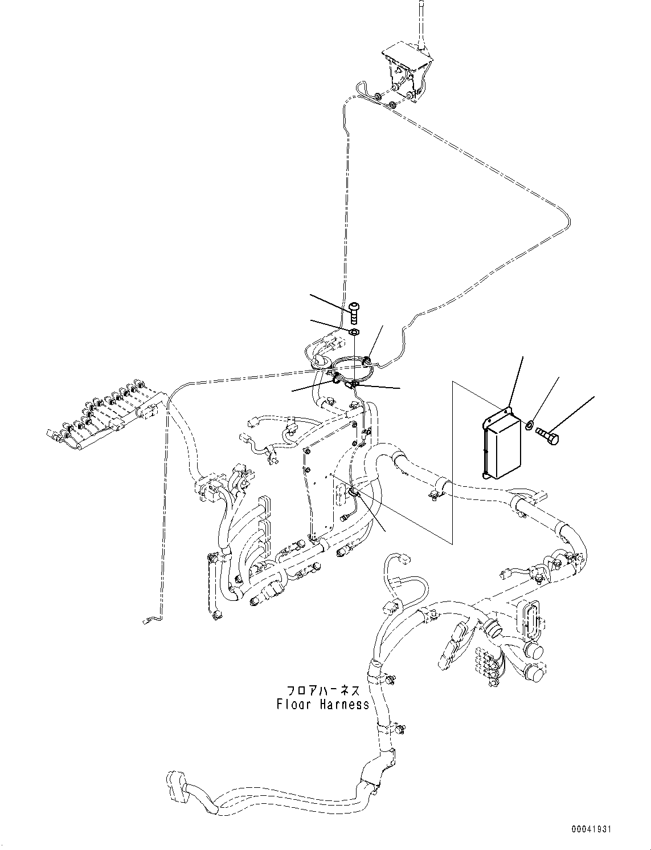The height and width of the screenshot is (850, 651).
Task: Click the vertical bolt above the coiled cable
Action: (354, 311)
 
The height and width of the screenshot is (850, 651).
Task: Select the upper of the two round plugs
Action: (534, 652)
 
